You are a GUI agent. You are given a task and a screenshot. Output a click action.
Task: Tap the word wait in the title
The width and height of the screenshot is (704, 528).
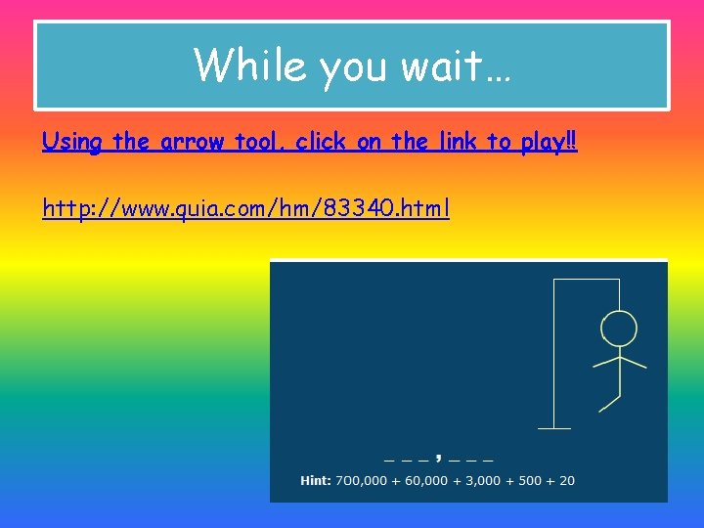click(456, 66)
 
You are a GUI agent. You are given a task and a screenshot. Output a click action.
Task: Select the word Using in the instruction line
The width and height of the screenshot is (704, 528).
click(72, 142)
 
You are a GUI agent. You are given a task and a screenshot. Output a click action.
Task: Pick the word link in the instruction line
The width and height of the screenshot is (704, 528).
click(454, 142)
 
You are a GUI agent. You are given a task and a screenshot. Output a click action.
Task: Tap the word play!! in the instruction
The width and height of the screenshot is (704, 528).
click(548, 142)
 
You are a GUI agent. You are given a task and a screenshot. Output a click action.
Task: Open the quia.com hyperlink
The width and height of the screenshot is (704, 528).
click(245, 208)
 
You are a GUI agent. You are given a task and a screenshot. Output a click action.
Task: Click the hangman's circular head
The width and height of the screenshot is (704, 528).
click(618, 328)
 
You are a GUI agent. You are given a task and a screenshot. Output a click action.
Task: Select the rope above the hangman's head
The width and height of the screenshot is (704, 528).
click(619, 294)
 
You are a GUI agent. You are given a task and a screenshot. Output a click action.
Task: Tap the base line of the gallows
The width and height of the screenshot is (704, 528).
click(554, 428)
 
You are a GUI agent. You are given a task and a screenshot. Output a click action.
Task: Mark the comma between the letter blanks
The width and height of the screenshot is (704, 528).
click(439, 456)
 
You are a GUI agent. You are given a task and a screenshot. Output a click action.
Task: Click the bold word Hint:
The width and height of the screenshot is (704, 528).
click(315, 480)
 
